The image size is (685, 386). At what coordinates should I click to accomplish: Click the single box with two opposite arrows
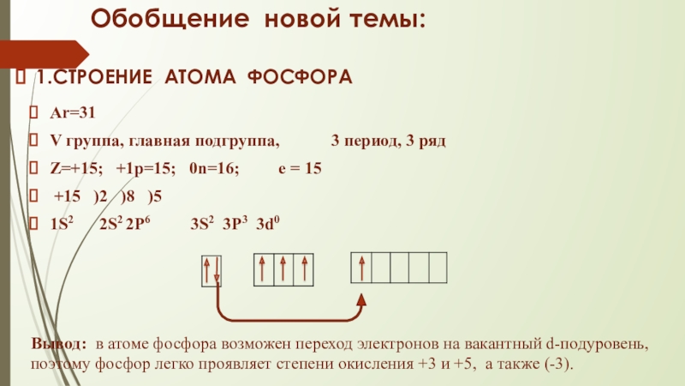pos(211,270)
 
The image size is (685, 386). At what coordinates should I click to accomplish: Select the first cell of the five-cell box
pos(362,268)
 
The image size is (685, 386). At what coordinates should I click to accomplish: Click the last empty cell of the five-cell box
pos(437,268)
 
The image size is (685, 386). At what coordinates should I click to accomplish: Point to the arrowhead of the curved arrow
pos(362,299)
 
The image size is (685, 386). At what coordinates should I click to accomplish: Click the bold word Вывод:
pos(59,344)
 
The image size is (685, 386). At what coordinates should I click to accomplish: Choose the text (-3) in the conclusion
pos(558,364)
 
